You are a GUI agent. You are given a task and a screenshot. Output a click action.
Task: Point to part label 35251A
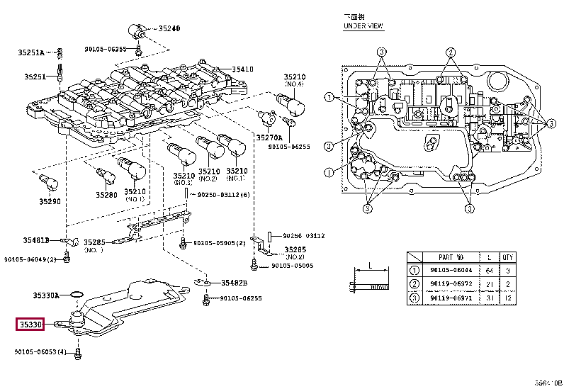pos(31,52)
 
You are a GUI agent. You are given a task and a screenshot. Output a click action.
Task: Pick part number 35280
pos(106,194)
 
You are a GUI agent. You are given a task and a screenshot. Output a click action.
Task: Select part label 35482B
pos(233,283)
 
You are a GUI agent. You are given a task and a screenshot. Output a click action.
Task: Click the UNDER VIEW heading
pos(363,26)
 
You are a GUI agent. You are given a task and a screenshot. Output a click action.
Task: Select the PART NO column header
pos(451,257)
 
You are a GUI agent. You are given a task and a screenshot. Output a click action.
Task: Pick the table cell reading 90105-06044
pos(451,270)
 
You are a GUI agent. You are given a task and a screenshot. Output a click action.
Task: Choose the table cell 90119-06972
pos(451,283)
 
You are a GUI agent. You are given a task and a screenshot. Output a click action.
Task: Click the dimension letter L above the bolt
pos(369,266)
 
